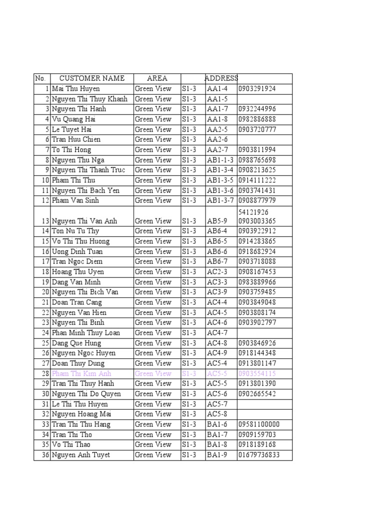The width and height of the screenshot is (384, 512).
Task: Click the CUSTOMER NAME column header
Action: click(91, 78)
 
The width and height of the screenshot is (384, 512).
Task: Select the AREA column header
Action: click(157, 78)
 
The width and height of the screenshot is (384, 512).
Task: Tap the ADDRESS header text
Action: click(221, 78)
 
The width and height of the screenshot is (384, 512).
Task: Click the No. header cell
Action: click(40, 78)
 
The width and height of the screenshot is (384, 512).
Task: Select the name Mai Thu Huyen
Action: click(76, 89)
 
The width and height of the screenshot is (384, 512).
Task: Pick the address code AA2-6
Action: click(217, 139)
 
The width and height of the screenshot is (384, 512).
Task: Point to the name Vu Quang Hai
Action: click(74, 119)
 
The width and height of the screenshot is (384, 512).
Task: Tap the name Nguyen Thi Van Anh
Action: click(84, 221)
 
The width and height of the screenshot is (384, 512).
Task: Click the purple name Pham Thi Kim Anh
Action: click(81, 373)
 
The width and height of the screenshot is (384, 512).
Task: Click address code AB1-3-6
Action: click(220, 190)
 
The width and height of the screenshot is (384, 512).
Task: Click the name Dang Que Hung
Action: click(76, 343)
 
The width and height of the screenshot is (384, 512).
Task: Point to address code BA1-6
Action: click(217, 424)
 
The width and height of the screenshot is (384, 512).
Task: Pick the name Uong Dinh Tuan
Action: click(77, 251)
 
